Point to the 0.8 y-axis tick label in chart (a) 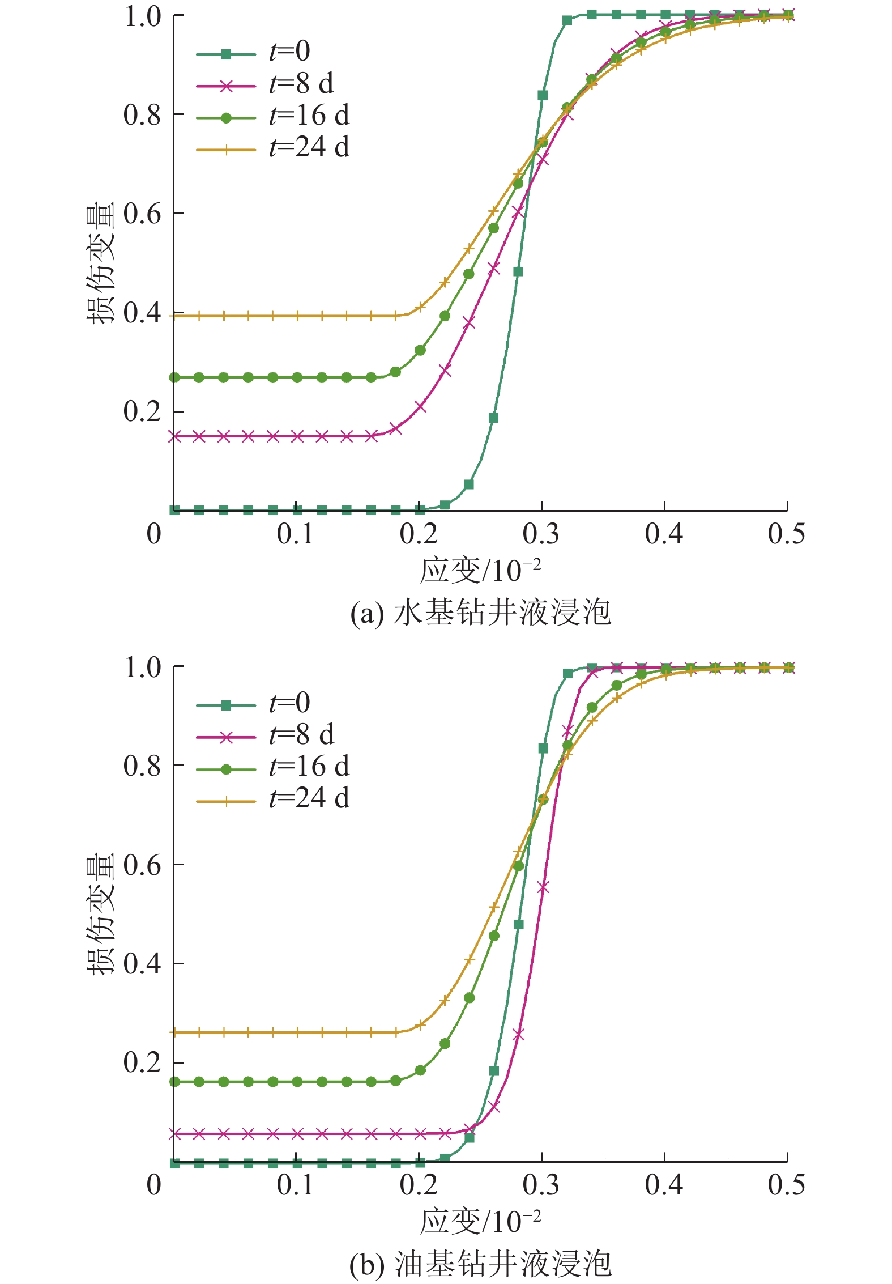[142, 115]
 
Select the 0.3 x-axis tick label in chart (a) [541, 534]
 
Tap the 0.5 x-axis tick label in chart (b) [786, 1185]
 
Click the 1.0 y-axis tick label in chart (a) [142, 16]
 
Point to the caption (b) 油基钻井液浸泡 [480, 1264]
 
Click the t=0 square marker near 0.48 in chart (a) [518, 272]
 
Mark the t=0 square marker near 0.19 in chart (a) [493, 418]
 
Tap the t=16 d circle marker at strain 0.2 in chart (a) [420, 350]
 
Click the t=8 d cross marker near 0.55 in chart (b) [543, 887]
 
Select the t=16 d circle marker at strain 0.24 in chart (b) [469, 998]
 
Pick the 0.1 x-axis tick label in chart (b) [295, 1185]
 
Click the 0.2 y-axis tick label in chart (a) [142, 412]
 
